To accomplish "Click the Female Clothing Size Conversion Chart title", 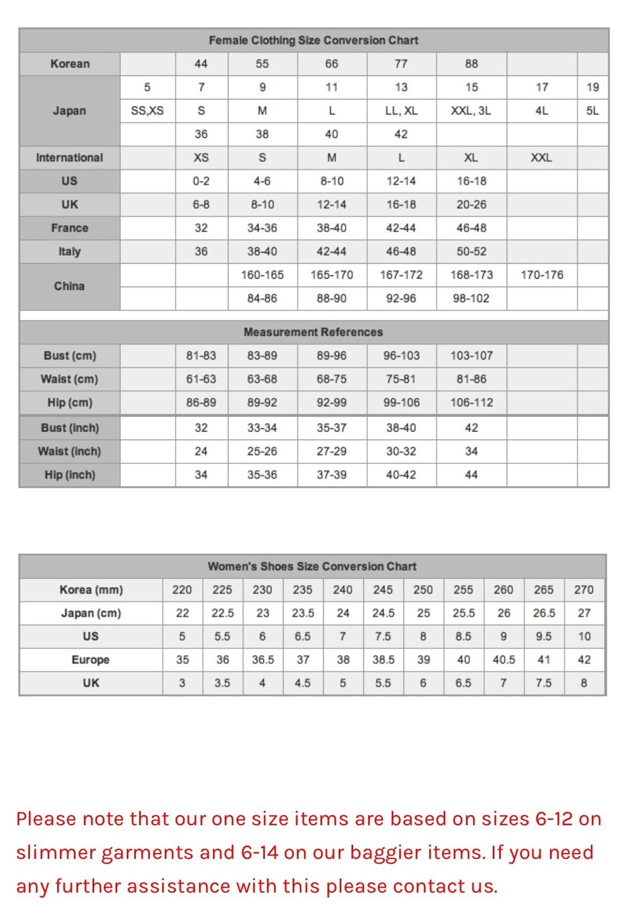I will click(314, 40).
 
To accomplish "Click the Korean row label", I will click(70, 64).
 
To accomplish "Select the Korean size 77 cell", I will click(401, 64).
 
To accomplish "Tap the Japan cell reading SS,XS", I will click(147, 111).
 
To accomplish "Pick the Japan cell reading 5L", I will click(592, 111).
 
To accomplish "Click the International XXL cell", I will click(541, 158).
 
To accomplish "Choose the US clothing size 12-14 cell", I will click(401, 181).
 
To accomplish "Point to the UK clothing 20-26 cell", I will click(471, 204).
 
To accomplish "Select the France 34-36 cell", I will click(262, 228).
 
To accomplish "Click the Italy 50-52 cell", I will click(471, 251).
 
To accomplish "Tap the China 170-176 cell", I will click(542, 275).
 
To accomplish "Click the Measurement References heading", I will click(313, 332).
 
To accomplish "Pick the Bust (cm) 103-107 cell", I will click(471, 356).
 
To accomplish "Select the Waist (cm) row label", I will click(69, 379).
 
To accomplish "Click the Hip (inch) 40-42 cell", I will click(401, 475).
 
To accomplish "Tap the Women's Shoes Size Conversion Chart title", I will click(312, 566).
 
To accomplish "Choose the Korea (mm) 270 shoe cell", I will click(584, 590).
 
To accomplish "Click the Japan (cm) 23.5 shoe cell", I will click(303, 613).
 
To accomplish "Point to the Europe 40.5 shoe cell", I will click(504, 660).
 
